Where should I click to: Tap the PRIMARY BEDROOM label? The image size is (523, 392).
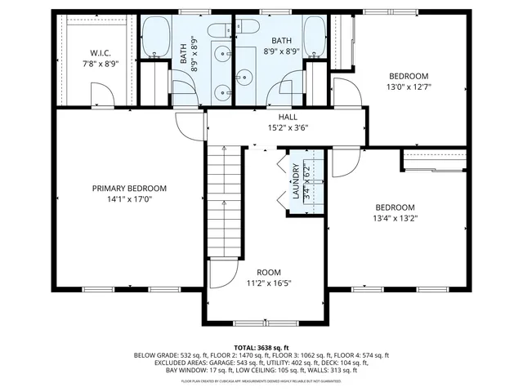pos(129,188)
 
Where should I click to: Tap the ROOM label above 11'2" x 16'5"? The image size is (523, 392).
pos(269,273)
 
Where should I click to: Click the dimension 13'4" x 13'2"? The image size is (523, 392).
pos(396,218)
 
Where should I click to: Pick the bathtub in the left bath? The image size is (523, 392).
pos(156,37)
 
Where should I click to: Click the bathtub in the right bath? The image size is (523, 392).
pos(315,37)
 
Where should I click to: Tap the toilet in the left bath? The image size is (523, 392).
pos(219,30)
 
